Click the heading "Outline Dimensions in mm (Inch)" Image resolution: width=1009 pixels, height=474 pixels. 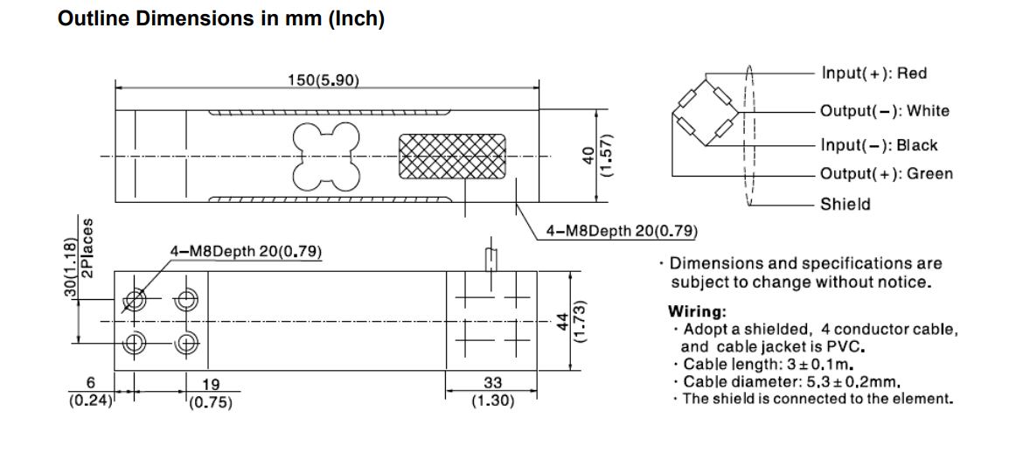click(x=220, y=19)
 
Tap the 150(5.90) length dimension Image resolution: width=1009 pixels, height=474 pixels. click(x=324, y=80)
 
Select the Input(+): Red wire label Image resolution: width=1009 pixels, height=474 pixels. click(x=874, y=73)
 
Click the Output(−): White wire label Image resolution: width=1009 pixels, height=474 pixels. click(x=884, y=111)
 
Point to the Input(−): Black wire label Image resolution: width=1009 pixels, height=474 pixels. click(x=878, y=145)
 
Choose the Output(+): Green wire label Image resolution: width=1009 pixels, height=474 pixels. click(x=886, y=174)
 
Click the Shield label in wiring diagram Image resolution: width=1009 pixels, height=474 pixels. click(x=845, y=205)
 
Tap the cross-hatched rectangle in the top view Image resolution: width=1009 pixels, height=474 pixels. click(x=452, y=157)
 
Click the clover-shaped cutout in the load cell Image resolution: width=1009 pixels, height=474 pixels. click(x=326, y=155)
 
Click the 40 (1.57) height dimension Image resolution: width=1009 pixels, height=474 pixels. click(x=595, y=157)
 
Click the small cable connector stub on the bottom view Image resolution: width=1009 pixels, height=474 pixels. click(x=491, y=260)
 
